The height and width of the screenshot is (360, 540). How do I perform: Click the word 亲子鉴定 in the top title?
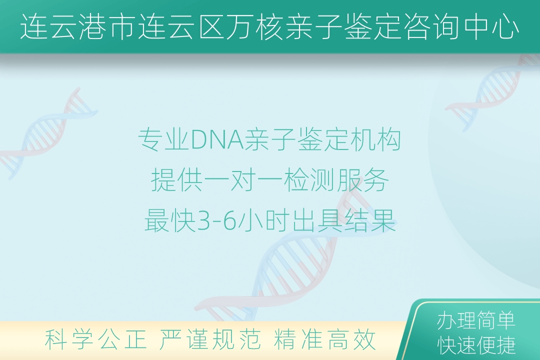344,27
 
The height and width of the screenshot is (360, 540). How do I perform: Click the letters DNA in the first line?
217,140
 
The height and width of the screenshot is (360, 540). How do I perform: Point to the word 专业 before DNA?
164,140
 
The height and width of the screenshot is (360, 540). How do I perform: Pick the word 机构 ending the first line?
375,140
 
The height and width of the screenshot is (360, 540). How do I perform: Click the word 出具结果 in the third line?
344,221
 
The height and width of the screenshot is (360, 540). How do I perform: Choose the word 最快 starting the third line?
170,221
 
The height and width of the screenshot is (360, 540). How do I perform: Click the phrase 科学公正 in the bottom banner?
95,339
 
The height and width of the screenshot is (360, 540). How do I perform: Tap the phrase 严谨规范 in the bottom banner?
210,339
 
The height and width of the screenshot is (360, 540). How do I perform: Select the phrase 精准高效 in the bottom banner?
324,339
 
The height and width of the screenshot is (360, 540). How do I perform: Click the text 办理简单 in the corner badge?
476,320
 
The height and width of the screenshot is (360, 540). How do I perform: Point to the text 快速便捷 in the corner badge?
476,345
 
